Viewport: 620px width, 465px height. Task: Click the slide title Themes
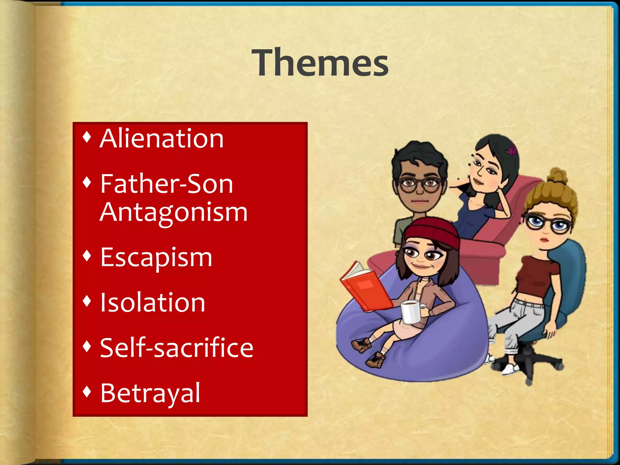(x=322, y=63)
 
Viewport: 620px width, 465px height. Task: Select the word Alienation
(x=162, y=139)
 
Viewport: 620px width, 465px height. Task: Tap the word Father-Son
(x=167, y=184)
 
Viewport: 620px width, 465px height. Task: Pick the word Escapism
(x=156, y=258)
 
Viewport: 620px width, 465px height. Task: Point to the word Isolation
(x=153, y=303)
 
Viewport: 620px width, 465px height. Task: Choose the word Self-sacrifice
(x=176, y=348)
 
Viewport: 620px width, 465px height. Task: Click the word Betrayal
(x=150, y=393)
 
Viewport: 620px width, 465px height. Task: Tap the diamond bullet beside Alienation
(x=87, y=137)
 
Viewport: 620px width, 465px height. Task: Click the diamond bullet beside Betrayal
(x=87, y=391)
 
